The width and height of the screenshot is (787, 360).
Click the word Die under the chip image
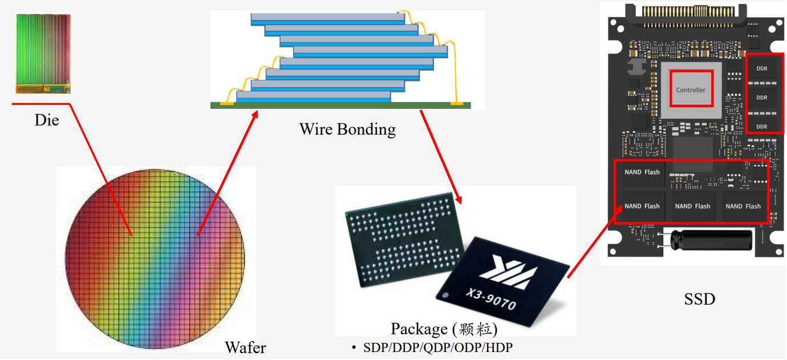[47, 120]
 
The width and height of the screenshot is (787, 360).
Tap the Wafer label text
[245, 347]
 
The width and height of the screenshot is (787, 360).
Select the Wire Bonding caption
[347, 130]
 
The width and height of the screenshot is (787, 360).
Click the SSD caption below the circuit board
[699, 298]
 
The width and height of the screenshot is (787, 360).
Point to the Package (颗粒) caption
[444, 329]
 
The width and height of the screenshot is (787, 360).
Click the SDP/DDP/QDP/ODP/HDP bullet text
[441, 347]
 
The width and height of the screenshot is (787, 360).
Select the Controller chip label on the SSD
[691, 90]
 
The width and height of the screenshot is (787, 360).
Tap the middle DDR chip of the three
[761, 98]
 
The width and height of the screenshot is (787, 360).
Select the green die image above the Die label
[43, 54]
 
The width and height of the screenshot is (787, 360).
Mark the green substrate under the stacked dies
[342, 104]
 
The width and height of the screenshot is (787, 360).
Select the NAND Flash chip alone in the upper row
[642, 172]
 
